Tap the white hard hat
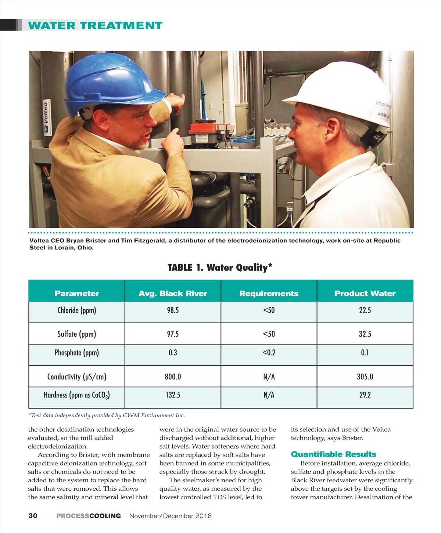click(342, 92)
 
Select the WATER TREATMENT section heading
click(95, 26)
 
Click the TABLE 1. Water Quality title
click(220, 267)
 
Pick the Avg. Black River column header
click(173, 293)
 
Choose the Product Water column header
click(365, 293)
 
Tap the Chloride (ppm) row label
click(77, 310)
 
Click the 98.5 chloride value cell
click(173, 310)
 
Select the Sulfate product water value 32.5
click(365, 334)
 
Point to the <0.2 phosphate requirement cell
click(269, 353)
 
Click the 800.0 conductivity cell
click(173, 377)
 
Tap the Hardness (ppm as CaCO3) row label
click(77, 395)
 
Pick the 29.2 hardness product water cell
click(365, 395)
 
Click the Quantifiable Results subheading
click(333, 454)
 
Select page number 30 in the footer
click(33, 516)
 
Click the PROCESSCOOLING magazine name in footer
click(89, 516)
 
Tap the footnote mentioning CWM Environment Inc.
click(107, 415)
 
